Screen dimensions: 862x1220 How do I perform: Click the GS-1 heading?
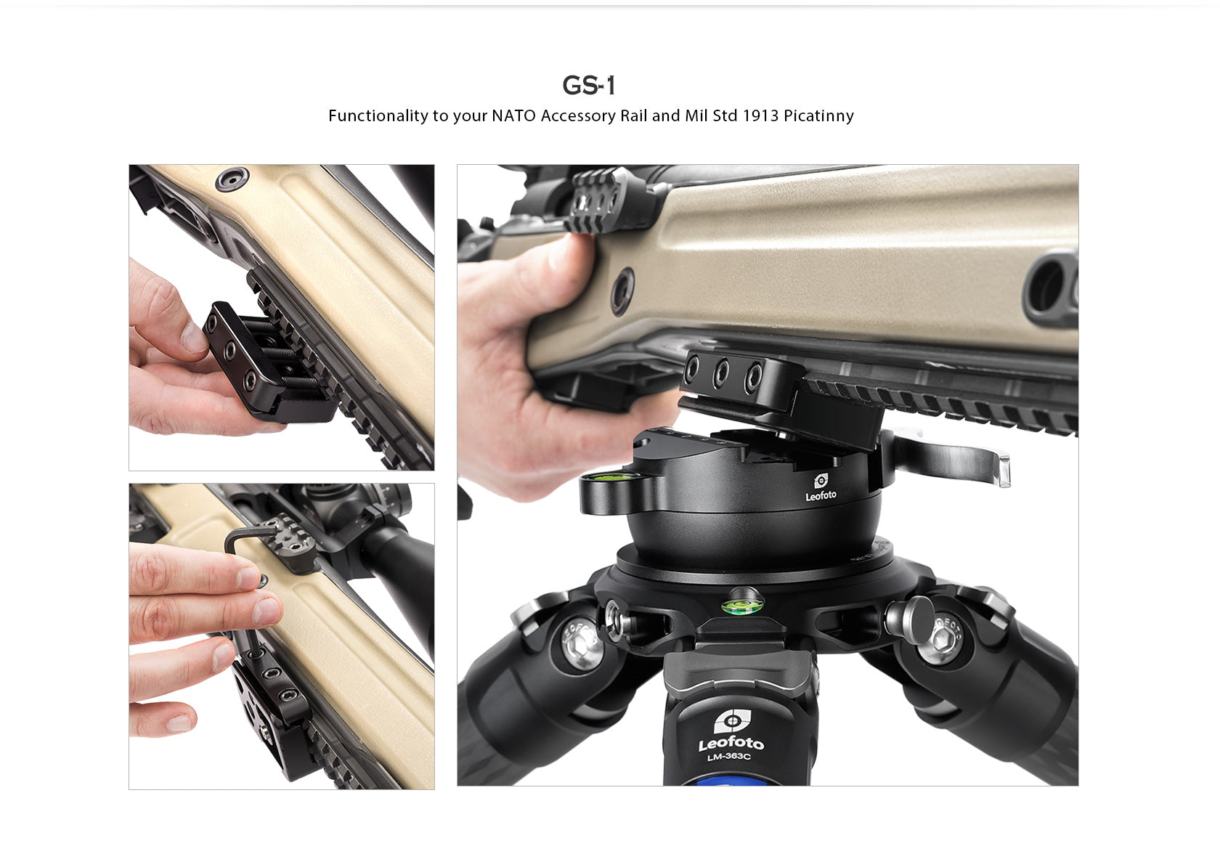tap(589, 86)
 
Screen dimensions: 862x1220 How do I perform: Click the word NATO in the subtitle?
tap(513, 116)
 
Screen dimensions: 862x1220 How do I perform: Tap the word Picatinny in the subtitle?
tap(818, 116)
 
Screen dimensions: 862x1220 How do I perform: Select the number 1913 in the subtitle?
tap(760, 116)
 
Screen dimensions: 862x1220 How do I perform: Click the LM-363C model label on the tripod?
tap(728, 757)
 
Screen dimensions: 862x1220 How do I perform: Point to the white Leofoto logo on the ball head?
tap(821, 487)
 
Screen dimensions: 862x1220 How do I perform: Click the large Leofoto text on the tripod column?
tap(731, 742)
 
